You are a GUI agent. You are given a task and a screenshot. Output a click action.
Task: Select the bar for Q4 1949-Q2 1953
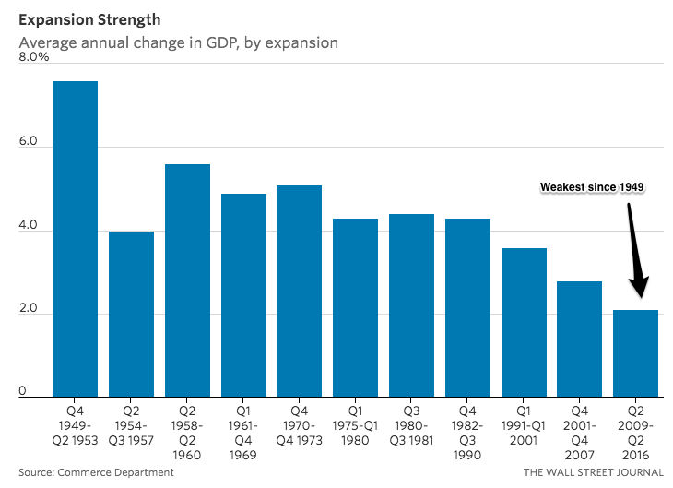pyautogui.click(x=75, y=239)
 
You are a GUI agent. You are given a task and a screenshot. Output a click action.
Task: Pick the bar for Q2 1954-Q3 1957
pyautogui.click(x=131, y=314)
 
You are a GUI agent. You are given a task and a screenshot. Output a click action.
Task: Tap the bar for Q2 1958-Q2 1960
pyautogui.click(x=187, y=280)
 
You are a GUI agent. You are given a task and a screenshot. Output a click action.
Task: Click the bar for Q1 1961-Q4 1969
pyautogui.click(x=243, y=295)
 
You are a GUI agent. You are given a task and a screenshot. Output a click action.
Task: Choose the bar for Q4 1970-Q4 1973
pyautogui.click(x=300, y=291)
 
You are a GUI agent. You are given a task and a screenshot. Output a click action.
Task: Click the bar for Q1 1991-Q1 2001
pyautogui.click(x=525, y=322)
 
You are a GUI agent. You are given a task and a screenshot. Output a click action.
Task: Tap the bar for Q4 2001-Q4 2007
pyautogui.click(x=580, y=339)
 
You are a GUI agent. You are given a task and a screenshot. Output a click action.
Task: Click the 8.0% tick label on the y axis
pyautogui.click(x=34, y=57)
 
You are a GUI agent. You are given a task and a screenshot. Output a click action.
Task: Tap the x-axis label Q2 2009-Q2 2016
pyautogui.click(x=635, y=428)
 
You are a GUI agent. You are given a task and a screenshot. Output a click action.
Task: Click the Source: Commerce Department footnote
pyautogui.click(x=96, y=472)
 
